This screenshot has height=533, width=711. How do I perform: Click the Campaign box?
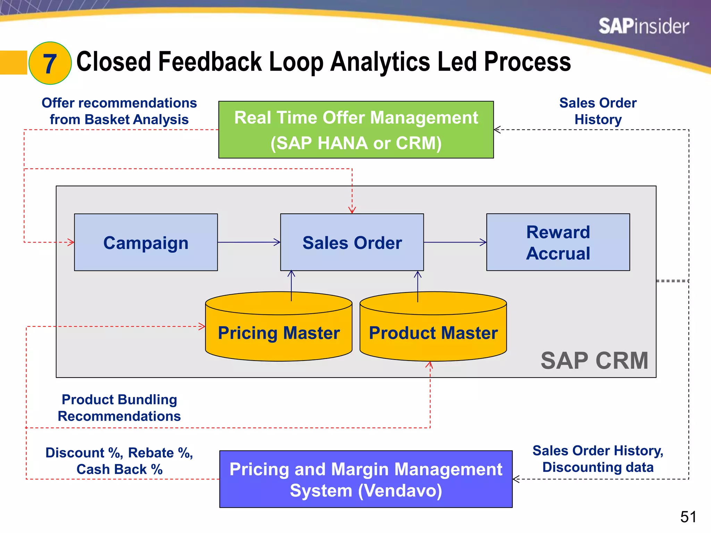[146, 242]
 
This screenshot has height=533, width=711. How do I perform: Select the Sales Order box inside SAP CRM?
[352, 242]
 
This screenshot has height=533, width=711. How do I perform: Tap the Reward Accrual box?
[558, 242]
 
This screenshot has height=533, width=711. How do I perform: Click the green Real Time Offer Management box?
[356, 130]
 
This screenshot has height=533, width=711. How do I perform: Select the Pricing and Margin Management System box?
[366, 479]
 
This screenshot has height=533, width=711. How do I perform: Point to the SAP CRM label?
[594, 361]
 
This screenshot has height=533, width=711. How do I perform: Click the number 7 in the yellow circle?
[50, 64]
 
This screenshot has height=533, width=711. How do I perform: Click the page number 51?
[688, 517]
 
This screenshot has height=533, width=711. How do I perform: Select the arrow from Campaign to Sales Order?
[249, 242]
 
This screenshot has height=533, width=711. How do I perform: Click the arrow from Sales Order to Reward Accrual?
[455, 242]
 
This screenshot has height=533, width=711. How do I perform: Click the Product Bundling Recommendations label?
[119, 408]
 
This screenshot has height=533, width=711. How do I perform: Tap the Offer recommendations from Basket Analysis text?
[119, 111]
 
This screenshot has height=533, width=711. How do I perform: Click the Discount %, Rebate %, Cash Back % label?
[119, 461]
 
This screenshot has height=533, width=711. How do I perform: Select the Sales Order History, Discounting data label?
[598, 459]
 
